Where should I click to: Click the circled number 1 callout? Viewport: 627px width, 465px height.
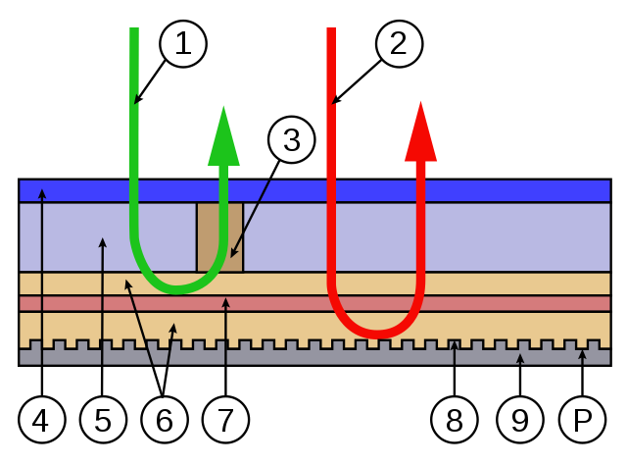pos(183,43)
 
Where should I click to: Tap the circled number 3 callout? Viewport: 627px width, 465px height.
pos(291,141)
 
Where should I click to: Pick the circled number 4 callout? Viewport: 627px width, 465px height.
pos(40,420)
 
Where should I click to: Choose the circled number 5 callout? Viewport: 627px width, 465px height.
pos(103,420)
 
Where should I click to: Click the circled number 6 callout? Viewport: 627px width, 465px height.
pos(164,420)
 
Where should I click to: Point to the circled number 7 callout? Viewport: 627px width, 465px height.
pos(226,420)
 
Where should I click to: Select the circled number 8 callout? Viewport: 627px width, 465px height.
pos(454,420)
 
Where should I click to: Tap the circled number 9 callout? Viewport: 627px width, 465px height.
pos(519,420)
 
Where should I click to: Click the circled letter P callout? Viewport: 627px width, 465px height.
pos(583,420)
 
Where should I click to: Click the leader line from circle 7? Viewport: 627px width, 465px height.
pos(226,353)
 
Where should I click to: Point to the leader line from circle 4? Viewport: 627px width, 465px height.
pos(41,294)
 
